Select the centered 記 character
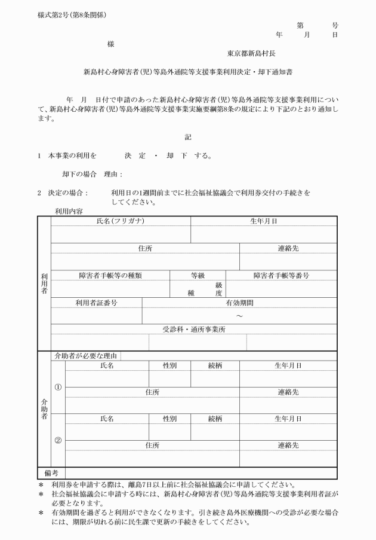click(x=188, y=137)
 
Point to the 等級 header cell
click(x=198, y=276)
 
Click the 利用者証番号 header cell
click(x=96, y=303)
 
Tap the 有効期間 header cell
click(x=239, y=303)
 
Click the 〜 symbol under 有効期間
click(x=239, y=316)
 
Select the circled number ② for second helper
click(x=58, y=441)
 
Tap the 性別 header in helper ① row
click(x=169, y=365)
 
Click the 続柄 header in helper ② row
click(x=215, y=419)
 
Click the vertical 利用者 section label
click(x=45, y=283)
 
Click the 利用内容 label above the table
click(x=69, y=211)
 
